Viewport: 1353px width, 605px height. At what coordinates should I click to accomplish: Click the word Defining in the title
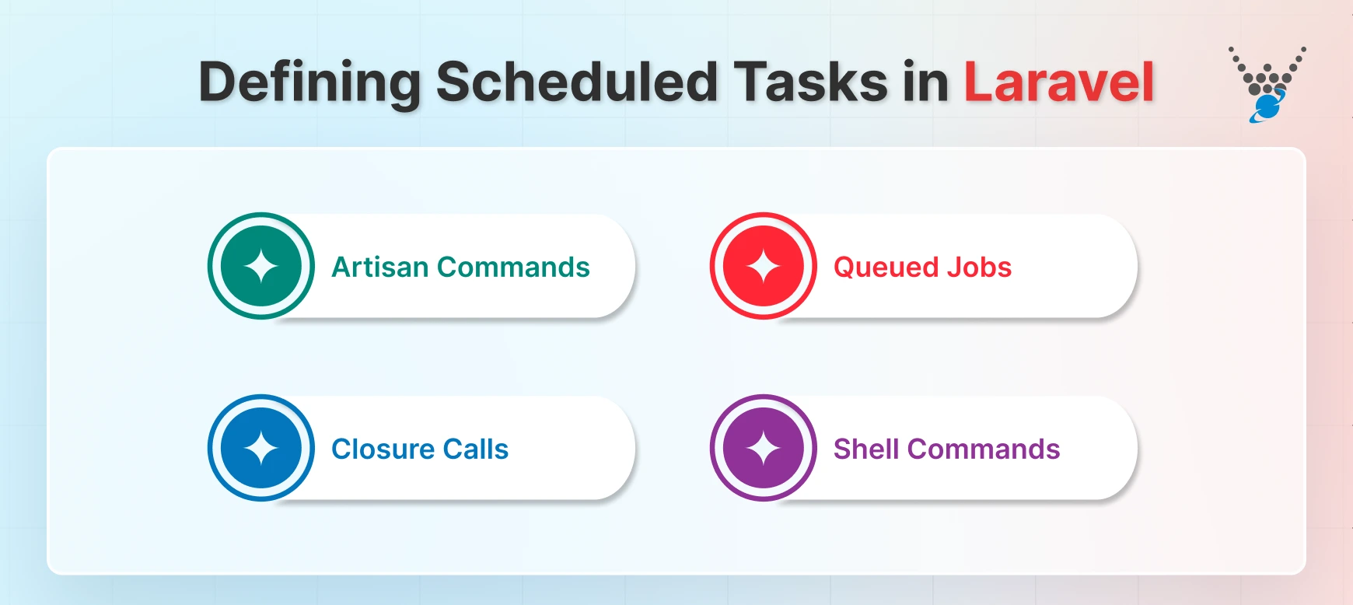click(x=309, y=82)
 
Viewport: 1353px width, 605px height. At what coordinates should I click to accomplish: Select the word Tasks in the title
click(x=810, y=82)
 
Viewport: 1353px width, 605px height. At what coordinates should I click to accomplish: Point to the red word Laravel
click(x=1058, y=82)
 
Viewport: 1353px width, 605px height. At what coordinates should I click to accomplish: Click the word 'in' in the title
click(x=925, y=82)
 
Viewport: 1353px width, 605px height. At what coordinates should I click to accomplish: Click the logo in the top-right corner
click(x=1267, y=84)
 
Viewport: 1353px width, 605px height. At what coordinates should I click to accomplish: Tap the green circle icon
click(x=261, y=266)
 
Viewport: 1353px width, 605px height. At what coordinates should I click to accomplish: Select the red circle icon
click(x=764, y=266)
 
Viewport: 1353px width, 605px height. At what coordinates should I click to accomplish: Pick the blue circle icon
click(x=261, y=448)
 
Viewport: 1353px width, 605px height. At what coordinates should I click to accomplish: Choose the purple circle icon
click(x=764, y=448)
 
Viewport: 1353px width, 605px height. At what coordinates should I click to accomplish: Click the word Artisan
click(x=379, y=268)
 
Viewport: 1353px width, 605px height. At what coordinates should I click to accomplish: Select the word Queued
click(x=886, y=268)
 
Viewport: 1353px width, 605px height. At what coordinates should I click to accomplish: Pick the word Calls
click(x=475, y=449)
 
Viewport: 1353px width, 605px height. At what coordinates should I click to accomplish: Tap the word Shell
click(x=866, y=449)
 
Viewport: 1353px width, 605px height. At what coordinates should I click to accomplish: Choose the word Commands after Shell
click(x=984, y=449)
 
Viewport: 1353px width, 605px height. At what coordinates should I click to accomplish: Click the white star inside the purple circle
click(x=764, y=448)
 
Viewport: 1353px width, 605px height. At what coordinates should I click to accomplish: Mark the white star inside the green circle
click(x=261, y=266)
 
